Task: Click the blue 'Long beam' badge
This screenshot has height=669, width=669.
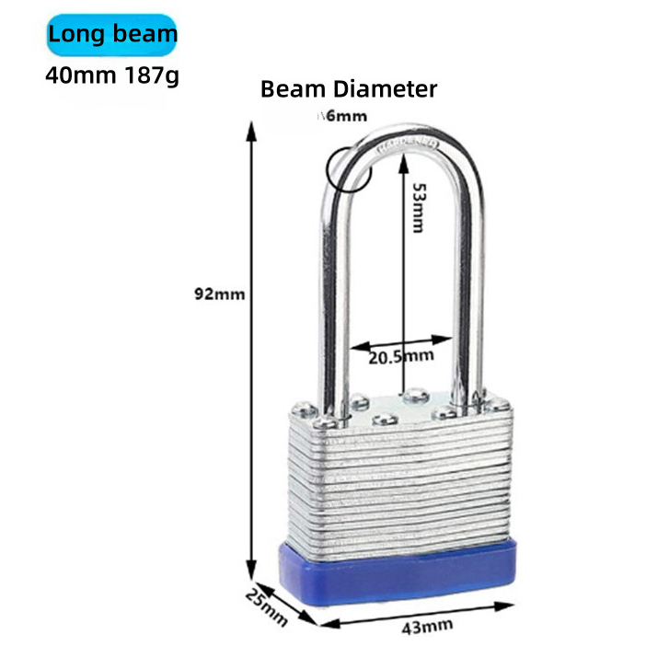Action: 111,36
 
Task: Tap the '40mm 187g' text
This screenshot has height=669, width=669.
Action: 112,74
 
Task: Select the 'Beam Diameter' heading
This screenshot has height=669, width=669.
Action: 349,89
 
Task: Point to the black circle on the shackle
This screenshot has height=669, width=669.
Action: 347,167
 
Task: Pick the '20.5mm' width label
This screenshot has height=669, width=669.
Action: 400,356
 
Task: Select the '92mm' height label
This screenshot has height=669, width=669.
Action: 219,294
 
